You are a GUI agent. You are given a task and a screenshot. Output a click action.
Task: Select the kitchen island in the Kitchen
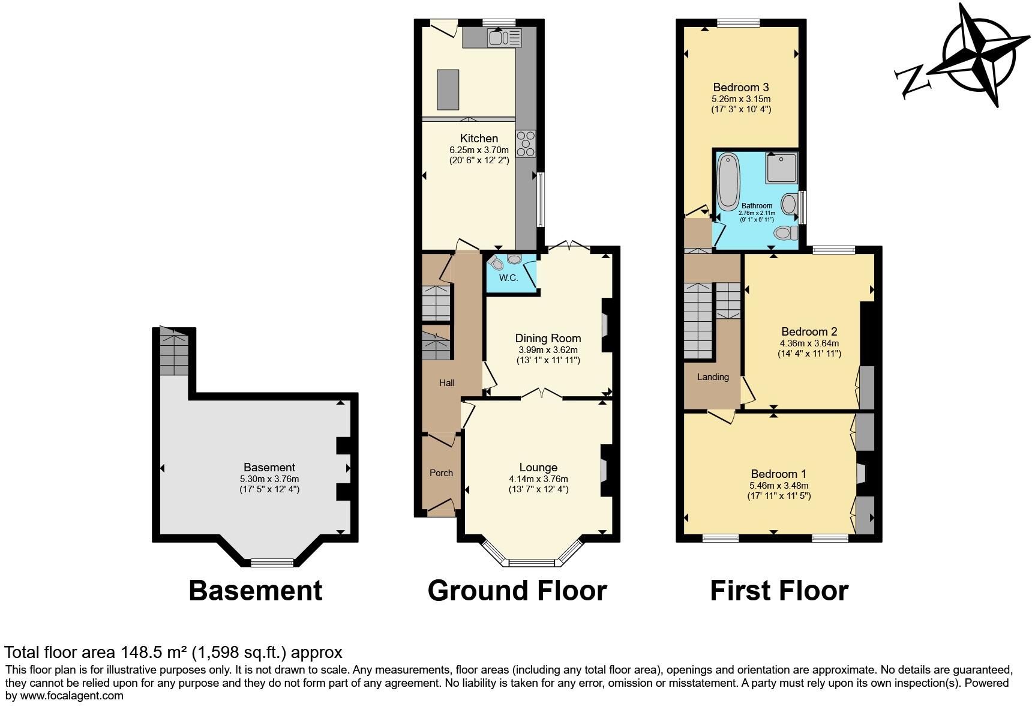point(448,89)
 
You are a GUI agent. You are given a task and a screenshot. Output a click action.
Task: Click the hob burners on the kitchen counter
point(526,143)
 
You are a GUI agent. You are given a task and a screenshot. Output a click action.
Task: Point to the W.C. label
point(508,278)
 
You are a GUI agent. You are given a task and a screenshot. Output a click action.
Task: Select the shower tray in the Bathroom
point(781,167)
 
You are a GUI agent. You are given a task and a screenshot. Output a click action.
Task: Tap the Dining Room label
point(548,338)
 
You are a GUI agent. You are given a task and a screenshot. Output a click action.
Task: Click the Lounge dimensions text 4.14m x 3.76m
point(538,479)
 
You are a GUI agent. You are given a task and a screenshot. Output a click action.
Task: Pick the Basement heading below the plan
point(255,591)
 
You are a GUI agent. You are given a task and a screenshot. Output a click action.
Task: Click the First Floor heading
point(779,591)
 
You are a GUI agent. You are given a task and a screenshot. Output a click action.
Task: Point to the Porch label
point(441,473)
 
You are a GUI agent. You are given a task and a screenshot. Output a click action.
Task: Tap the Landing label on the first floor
point(713,377)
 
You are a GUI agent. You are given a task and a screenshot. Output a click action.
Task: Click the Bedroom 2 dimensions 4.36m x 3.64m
point(809,343)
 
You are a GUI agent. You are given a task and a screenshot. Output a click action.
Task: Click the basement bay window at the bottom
point(272,563)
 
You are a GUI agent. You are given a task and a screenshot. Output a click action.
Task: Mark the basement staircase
point(174,355)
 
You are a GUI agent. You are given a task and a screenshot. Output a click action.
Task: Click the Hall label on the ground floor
point(447,383)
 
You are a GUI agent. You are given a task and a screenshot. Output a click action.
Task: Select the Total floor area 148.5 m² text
point(173,653)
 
